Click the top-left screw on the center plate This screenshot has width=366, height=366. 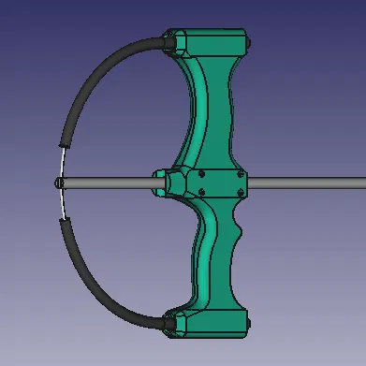coord(201,174)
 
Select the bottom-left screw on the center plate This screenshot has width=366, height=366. coord(201,192)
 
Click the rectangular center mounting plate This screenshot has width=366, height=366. coord(221,183)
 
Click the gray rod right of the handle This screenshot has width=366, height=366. coord(309,183)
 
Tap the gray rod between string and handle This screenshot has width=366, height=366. coord(103,183)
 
